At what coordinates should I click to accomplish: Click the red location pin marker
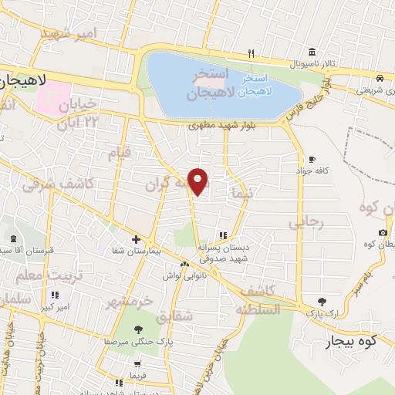pos(198,181)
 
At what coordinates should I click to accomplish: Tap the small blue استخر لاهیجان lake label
pos(254,86)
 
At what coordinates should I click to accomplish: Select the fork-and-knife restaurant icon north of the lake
pos(251,53)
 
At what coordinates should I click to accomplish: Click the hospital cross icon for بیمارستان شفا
pos(136,239)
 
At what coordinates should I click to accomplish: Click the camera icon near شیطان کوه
pos(383,232)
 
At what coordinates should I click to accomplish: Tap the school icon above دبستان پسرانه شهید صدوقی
pos(223,235)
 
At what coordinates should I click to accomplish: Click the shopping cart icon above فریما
pos(137,364)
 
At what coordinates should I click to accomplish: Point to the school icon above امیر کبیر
pos(55,295)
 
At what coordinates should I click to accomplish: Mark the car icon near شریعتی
pos(380,78)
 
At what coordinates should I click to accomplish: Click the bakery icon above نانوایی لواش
pos(184,264)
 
